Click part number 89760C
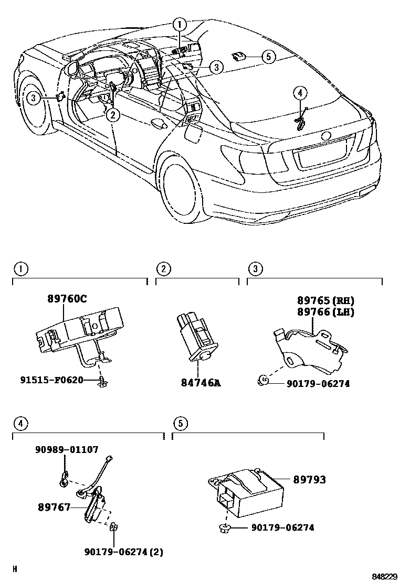pos(68,299)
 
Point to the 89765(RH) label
pos(325,301)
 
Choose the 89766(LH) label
pos(325,312)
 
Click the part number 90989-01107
pos(67,449)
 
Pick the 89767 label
pos(54,507)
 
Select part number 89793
pos(309,479)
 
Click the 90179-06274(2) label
pos(127,551)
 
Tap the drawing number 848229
pos(384,576)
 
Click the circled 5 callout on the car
pos(268,56)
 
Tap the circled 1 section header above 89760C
pos(20,269)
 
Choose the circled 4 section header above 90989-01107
pos(20,423)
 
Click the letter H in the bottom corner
pos(15,568)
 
